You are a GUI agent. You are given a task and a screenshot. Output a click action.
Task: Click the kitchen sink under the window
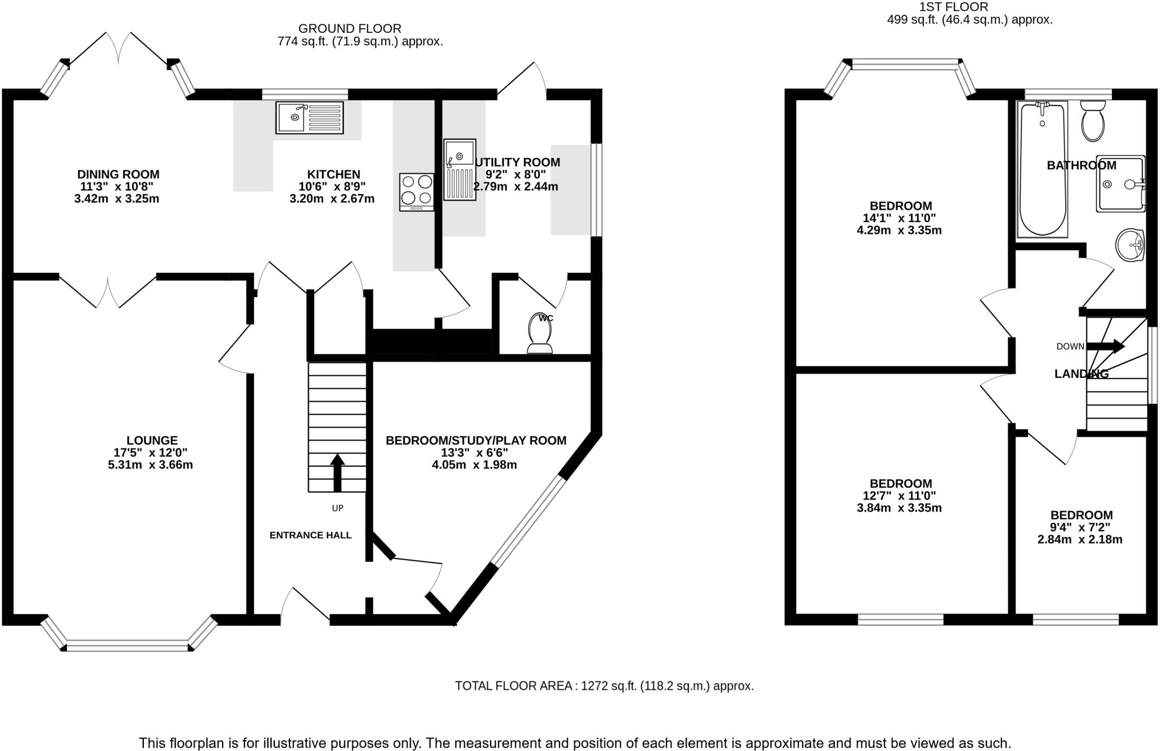[309, 118]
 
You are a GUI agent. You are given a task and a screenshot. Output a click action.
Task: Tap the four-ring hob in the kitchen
[416, 192]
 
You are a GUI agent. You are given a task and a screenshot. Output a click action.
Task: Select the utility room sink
[459, 169]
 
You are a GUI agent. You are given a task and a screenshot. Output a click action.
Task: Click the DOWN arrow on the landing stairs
[1105, 346]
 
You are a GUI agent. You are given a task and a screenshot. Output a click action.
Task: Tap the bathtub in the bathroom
[1043, 169]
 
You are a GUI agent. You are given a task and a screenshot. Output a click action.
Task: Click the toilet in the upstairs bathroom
[1093, 121]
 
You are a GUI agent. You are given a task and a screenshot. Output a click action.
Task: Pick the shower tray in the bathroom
[1120, 184]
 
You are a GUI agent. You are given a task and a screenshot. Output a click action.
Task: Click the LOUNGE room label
[152, 440]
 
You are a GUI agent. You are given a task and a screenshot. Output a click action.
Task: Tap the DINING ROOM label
[118, 174]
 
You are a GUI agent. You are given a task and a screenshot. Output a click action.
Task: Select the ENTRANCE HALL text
[310, 535]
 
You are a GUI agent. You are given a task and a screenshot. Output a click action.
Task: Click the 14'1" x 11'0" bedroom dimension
[899, 218]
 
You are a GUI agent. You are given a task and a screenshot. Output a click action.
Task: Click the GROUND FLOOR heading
[349, 28]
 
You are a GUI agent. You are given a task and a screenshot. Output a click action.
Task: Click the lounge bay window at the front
[128, 645]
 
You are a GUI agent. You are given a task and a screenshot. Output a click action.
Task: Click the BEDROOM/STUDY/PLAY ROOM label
[476, 441]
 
